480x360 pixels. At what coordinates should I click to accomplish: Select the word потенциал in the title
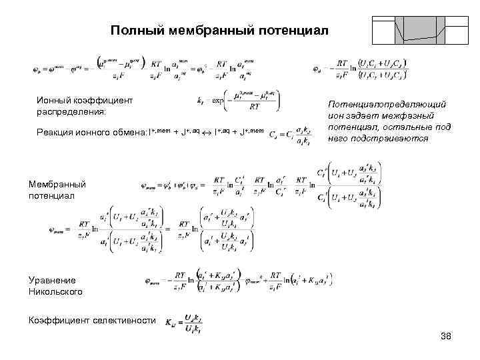[x=291, y=31]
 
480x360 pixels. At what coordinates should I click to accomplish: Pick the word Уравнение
[x=52, y=281]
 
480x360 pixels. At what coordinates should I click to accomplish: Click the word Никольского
[x=55, y=292]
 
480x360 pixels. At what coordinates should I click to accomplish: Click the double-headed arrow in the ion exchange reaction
[x=207, y=133]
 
